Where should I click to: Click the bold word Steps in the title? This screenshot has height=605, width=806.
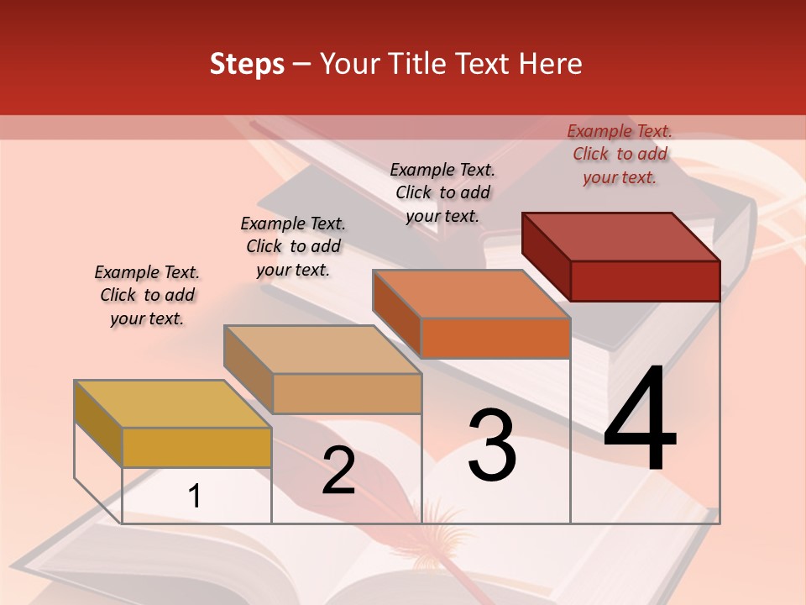(x=247, y=64)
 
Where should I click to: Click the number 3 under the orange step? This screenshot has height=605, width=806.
(x=492, y=445)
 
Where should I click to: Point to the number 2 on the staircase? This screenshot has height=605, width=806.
(x=338, y=471)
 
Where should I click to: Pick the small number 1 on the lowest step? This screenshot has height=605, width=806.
(x=195, y=496)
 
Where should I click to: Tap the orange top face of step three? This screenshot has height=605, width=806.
(x=472, y=294)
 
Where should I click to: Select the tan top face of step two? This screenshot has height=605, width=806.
(x=322, y=350)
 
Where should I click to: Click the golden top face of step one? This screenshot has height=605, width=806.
(x=173, y=404)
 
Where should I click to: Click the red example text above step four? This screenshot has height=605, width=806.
(x=620, y=154)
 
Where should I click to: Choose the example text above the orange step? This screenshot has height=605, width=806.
(x=442, y=192)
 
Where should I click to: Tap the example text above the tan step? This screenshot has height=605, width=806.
(x=293, y=246)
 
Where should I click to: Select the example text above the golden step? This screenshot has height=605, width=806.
(x=147, y=295)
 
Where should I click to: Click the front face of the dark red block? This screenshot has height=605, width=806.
(x=645, y=281)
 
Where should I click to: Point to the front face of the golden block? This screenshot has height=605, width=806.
(x=196, y=447)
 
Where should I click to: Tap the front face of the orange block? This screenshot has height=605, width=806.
(x=495, y=338)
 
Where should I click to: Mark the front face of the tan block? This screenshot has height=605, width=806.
(x=346, y=393)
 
